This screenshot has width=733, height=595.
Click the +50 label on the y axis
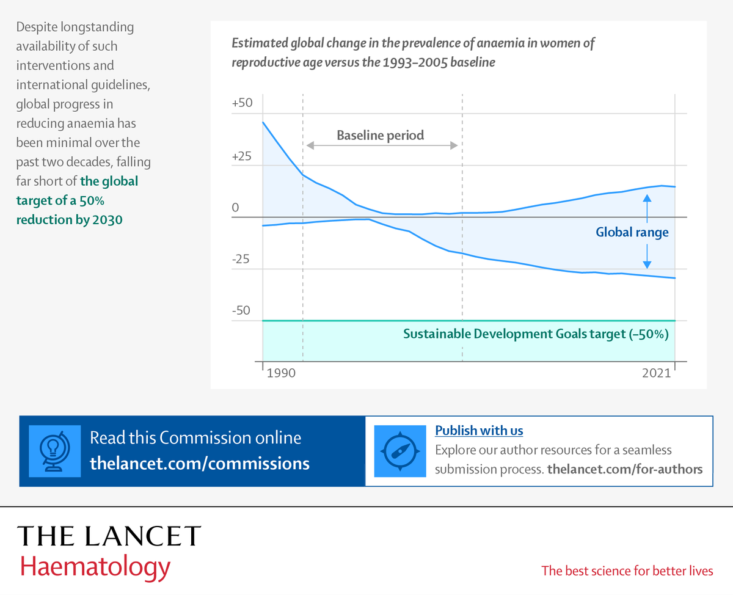point(243,103)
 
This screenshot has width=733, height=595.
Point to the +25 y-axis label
point(243,156)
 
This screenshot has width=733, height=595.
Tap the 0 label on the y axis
point(235,208)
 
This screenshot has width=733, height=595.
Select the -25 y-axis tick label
point(241,259)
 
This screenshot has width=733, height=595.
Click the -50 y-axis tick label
point(241,310)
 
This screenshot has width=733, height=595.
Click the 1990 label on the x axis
point(281,373)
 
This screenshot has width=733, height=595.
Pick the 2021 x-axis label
point(657,373)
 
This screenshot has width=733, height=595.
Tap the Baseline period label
point(380,135)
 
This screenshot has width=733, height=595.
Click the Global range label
point(632,232)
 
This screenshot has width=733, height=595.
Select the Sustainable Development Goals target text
point(536,334)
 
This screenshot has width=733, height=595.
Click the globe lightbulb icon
point(55,451)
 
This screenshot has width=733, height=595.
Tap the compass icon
point(400,451)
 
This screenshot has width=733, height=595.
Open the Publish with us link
point(479,431)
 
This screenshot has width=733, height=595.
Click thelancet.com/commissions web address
point(200,463)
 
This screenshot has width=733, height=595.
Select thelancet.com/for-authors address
point(625,469)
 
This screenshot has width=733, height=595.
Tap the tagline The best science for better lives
point(627,571)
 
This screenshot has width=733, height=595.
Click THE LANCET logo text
point(109,536)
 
